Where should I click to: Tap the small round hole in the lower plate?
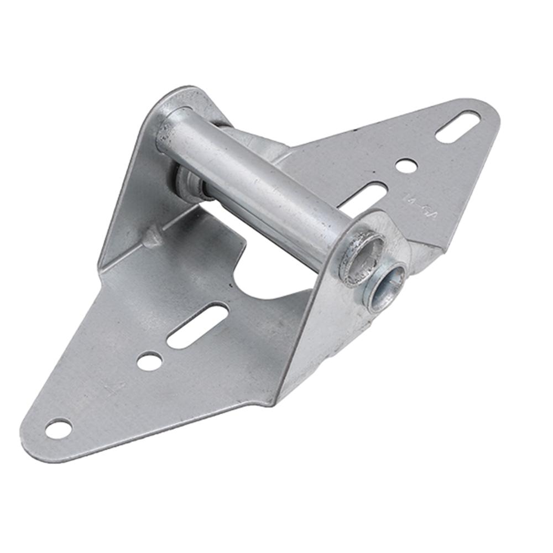149,361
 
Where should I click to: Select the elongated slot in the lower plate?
197,326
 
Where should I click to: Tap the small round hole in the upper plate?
406,165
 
